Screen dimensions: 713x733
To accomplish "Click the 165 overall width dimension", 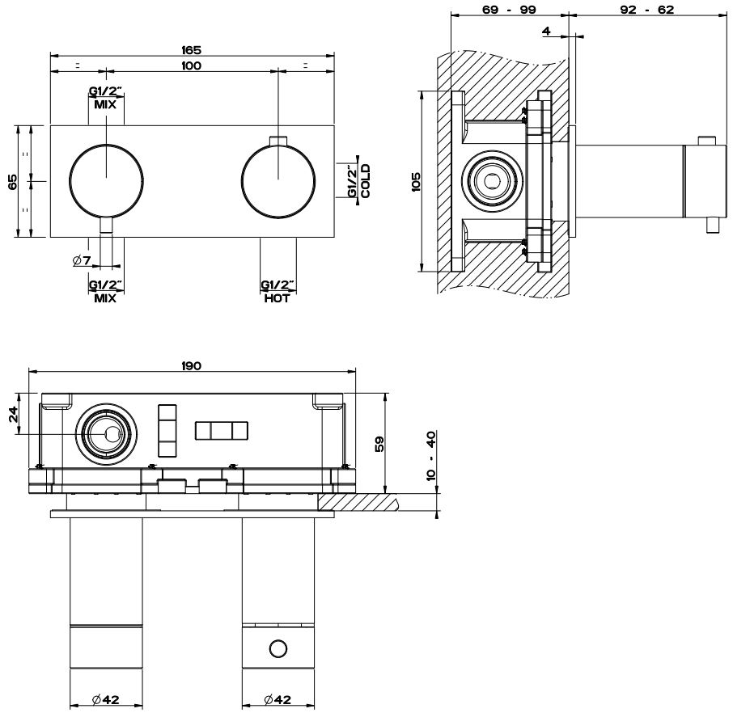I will (192, 50).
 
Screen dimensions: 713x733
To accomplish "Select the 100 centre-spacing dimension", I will (192, 65).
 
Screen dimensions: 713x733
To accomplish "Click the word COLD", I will (366, 180).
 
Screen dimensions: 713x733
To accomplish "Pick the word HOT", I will (278, 297).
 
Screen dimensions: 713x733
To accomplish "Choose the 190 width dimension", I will (192, 365).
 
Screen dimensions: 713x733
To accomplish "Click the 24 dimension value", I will (13, 415).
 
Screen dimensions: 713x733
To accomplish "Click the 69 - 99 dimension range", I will (508, 10).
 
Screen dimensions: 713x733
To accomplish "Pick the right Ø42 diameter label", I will (278, 700).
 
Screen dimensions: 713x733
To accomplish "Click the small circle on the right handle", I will (278, 648).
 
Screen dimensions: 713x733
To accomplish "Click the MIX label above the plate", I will (106, 104).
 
